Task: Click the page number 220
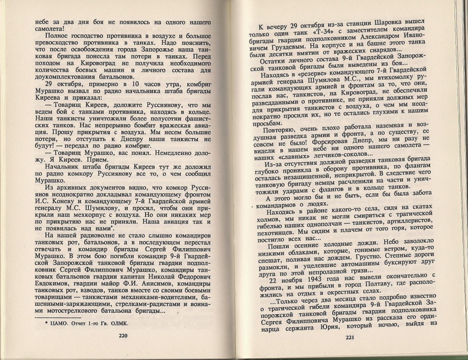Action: pos(123,335)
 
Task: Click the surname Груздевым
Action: pos(277,48)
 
